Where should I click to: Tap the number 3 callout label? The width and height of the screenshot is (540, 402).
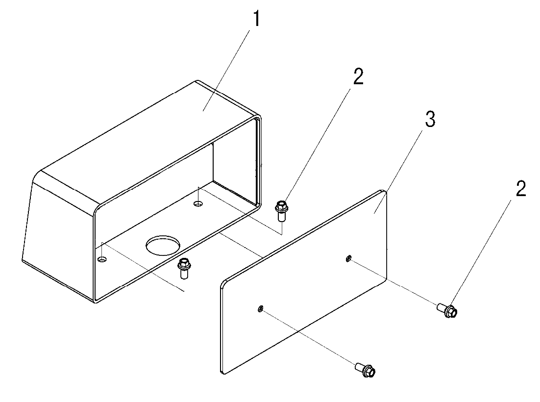pos(430,120)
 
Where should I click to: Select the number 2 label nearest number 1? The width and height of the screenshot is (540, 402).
pos(358,76)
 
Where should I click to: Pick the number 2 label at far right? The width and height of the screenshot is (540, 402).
pos(521,189)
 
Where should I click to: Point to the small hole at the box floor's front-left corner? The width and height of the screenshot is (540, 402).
pos(102,259)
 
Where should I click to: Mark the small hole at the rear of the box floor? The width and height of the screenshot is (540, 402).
pos(197,204)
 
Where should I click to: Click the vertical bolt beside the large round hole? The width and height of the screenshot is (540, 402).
pos(184,268)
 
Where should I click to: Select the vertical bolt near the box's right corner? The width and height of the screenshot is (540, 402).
pos(281,211)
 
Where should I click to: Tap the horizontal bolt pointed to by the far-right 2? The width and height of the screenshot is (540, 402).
pos(447,310)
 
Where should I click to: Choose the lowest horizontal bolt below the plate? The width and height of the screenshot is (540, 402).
pos(366,370)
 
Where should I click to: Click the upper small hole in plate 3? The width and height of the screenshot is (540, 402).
pos(348,258)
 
